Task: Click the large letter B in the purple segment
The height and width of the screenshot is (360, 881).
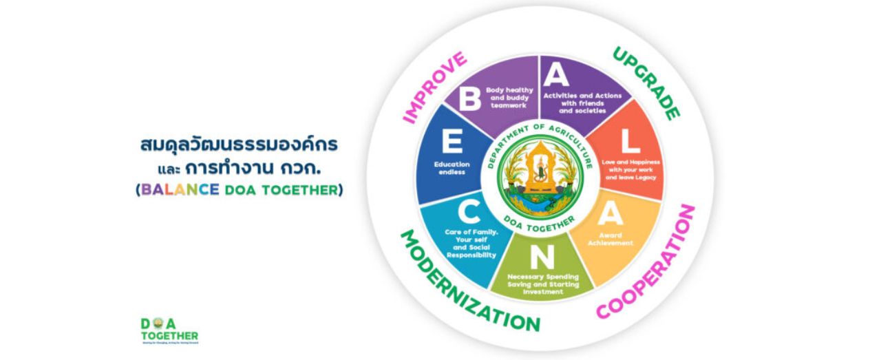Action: click(469, 98)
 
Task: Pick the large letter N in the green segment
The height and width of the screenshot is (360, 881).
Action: click(542, 257)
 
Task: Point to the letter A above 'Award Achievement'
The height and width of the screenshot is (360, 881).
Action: click(610, 214)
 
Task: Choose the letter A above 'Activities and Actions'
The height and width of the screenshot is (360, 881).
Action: click(556, 74)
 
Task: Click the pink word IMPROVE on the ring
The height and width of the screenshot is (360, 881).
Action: click(434, 87)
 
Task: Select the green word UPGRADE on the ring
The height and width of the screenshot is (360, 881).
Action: click(646, 83)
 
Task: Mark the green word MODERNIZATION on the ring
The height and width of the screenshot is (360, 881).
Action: click(469, 283)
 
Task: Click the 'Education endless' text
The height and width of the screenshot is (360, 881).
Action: click(452, 168)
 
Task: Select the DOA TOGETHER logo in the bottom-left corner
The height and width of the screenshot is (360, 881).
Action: click(169, 330)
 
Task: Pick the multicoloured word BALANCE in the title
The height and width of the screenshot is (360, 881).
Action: click(180, 189)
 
